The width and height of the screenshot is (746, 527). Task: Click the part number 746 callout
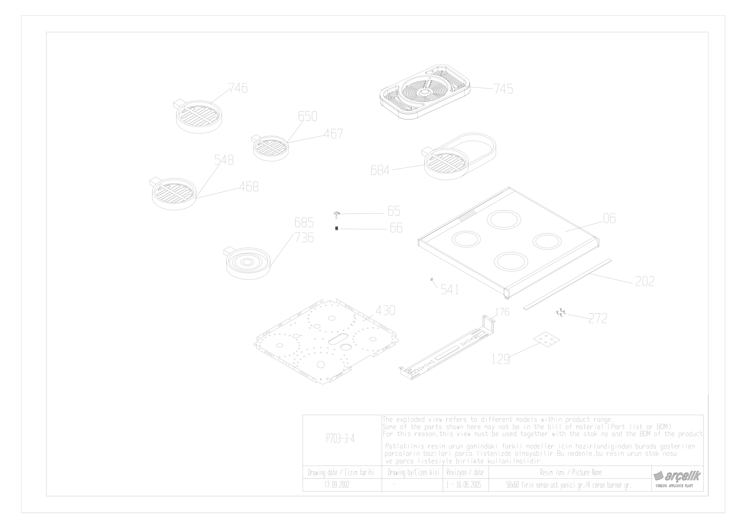click(x=238, y=88)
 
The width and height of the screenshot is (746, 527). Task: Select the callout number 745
click(x=503, y=89)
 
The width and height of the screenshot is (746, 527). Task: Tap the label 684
click(x=380, y=170)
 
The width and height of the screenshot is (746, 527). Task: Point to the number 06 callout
click(x=609, y=218)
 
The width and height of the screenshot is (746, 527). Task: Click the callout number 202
click(x=645, y=281)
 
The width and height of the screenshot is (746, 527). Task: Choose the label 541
click(x=450, y=289)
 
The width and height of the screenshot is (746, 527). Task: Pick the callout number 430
click(x=385, y=310)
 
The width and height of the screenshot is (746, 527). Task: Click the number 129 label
click(x=501, y=359)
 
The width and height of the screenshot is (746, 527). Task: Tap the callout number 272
click(x=597, y=318)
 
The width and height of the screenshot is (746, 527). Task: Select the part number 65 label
click(x=394, y=211)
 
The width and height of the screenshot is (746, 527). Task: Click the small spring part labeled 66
click(x=336, y=229)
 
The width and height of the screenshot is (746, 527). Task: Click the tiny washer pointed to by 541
click(x=431, y=279)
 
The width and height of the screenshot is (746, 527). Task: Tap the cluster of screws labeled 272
click(x=561, y=313)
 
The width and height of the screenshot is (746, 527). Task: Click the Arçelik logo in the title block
click(x=677, y=476)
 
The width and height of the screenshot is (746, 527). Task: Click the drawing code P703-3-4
click(x=340, y=439)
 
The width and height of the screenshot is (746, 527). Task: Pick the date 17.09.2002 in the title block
click(x=337, y=485)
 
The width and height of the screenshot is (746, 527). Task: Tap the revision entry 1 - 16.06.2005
click(x=464, y=485)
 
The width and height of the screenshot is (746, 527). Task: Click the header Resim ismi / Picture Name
click(x=571, y=472)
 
